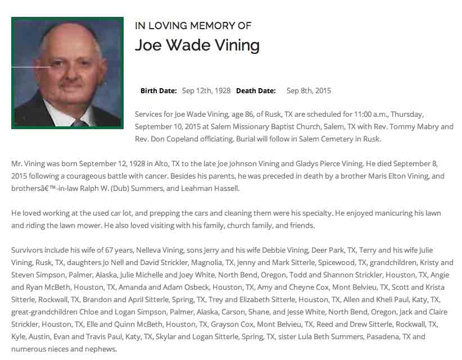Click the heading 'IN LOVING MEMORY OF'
pos(193,26)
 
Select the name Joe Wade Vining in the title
pos(197,45)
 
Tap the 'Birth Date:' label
pos(158,90)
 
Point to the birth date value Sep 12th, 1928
pos(206,90)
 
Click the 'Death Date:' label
pos(256,90)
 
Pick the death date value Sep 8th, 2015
pos(309,90)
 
